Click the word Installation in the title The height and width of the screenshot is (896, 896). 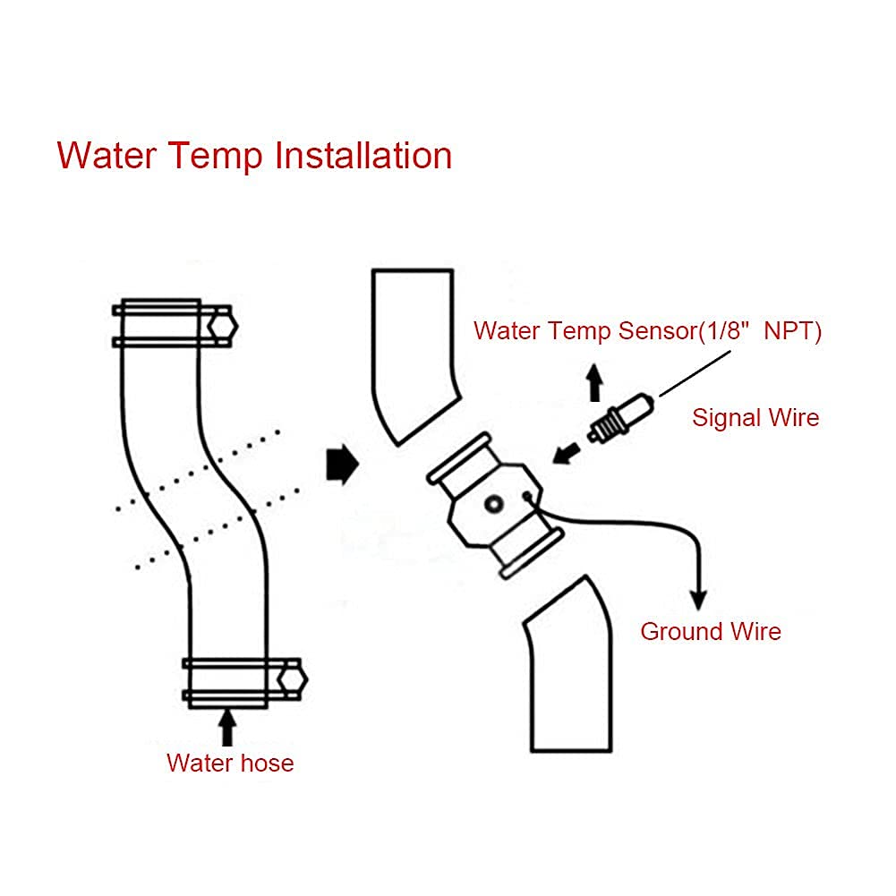point(363,156)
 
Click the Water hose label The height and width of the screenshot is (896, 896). point(230,764)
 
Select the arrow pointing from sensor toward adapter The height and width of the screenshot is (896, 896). point(567,453)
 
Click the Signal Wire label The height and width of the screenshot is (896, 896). point(755,417)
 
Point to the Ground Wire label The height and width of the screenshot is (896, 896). point(711,631)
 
